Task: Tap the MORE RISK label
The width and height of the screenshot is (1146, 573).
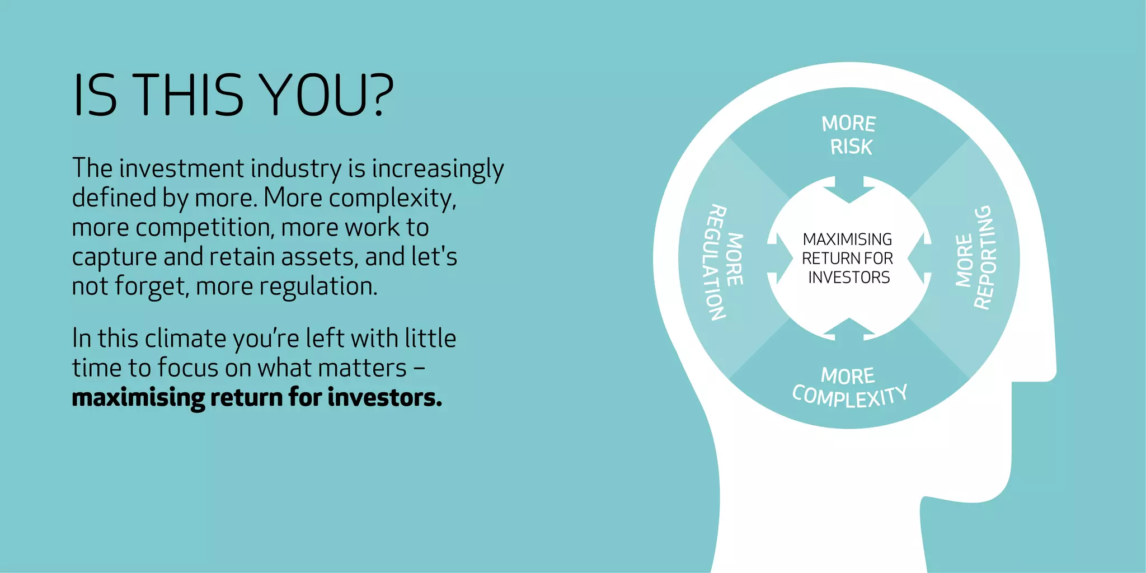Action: tap(849, 135)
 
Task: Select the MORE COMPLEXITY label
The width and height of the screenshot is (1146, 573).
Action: tap(849, 387)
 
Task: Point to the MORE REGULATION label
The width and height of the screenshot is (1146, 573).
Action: tap(724, 261)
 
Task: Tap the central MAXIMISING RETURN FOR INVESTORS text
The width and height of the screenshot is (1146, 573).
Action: tap(848, 259)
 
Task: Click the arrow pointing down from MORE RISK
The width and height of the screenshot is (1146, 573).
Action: tap(849, 190)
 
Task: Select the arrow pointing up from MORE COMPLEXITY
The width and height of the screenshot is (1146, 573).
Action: tap(849, 328)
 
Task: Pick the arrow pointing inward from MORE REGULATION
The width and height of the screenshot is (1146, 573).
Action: tap(779, 259)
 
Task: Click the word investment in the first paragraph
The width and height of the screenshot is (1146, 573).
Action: tap(182, 168)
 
